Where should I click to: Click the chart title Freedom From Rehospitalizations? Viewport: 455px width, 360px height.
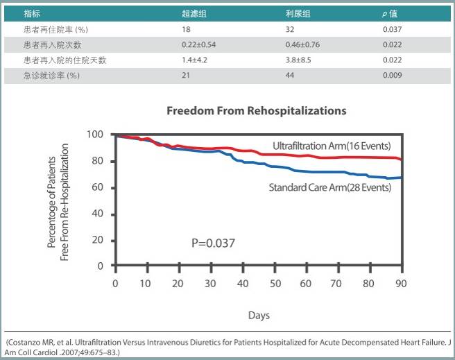(256, 110)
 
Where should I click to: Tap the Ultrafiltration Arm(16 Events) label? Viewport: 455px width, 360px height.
(332, 146)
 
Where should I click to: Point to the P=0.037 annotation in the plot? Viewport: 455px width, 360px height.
(214, 243)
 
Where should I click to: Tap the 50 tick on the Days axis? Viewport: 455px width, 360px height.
(275, 283)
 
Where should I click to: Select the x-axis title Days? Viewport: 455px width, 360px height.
(259, 316)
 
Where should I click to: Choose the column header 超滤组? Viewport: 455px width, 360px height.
(192, 14)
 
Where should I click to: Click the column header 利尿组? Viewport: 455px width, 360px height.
(298, 14)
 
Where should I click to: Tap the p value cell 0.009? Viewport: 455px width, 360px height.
(393, 75)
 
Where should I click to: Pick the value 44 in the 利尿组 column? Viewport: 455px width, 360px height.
(291, 75)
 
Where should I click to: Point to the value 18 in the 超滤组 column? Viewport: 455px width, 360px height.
(186, 29)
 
